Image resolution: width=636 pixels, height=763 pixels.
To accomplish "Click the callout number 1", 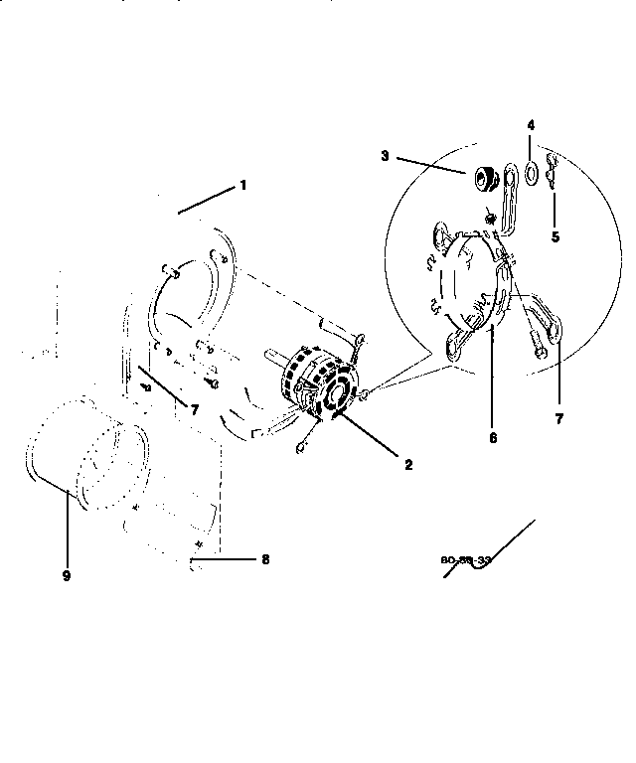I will [x=241, y=185].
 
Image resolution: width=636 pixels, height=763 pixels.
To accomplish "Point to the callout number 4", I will [x=531, y=127].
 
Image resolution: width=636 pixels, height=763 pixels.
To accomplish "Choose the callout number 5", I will [x=556, y=236].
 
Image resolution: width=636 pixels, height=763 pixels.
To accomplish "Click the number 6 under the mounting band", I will [x=493, y=435].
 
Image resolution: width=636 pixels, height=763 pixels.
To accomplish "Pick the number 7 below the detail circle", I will [x=558, y=419].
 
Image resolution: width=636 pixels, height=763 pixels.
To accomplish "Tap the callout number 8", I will [x=265, y=559].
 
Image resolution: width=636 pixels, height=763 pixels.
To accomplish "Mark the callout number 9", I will [x=67, y=575].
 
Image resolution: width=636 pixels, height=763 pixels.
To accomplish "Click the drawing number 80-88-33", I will [x=466, y=560].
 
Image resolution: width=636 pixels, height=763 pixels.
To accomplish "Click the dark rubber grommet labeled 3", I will [x=484, y=180].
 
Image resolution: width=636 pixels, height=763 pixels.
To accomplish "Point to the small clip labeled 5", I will [x=553, y=179].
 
